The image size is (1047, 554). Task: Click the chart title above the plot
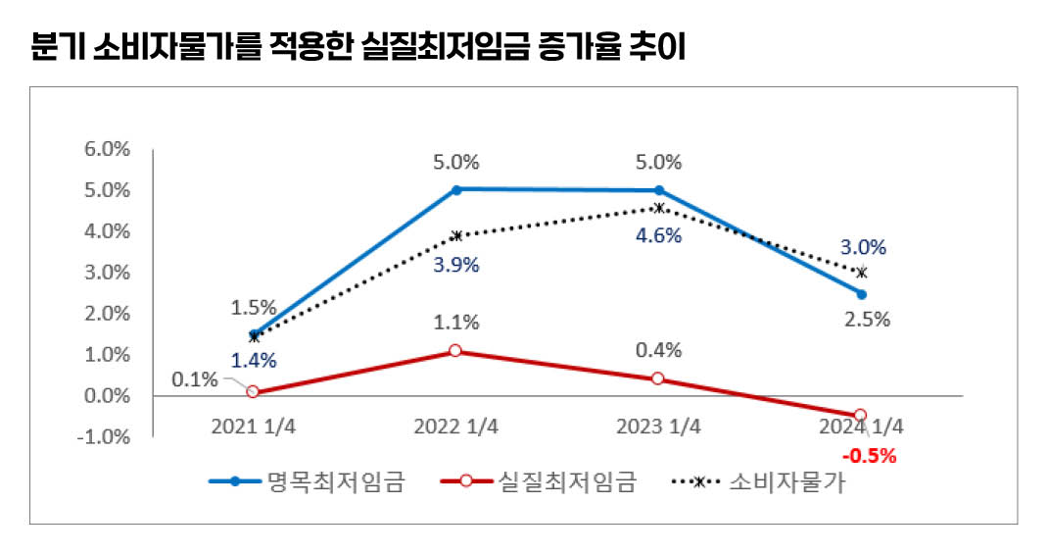(x=358, y=48)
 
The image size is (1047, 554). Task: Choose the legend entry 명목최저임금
(x=334, y=481)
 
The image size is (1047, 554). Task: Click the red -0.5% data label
(x=870, y=455)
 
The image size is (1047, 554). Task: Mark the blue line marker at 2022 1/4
(x=456, y=189)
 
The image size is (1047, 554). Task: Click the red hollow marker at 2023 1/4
(x=658, y=378)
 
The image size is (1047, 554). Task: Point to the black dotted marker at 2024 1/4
(x=861, y=273)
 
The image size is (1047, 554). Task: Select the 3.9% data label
(x=456, y=265)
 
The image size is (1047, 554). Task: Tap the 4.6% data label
(x=658, y=235)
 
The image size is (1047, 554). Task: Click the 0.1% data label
(x=195, y=379)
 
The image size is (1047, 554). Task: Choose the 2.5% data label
(x=866, y=319)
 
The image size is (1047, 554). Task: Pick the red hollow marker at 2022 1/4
(x=456, y=350)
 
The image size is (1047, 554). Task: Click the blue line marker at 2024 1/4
(x=861, y=294)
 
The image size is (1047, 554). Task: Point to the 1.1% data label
(x=456, y=322)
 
